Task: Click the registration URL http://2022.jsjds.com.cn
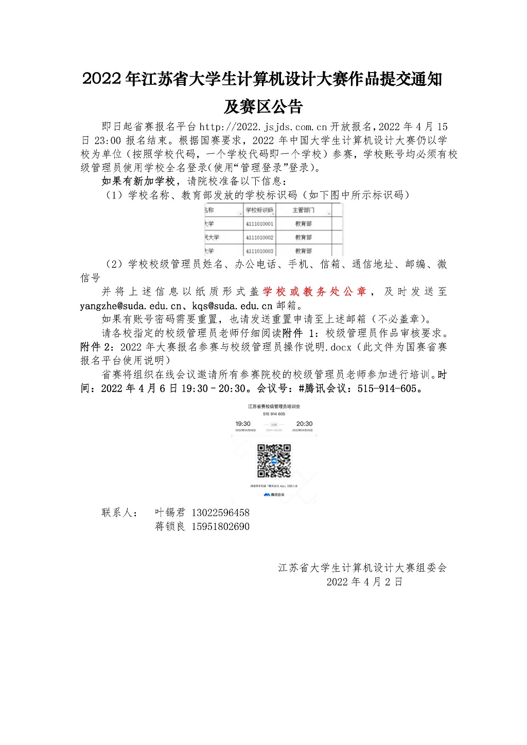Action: click(x=263, y=127)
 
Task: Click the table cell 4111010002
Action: click(x=259, y=238)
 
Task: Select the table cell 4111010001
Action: click(x=259, y=224)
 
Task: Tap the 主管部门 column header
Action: click(x=303, y=210)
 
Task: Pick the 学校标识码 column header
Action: click(x=259, y=210)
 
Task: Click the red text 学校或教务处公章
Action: click(x=314, y=292)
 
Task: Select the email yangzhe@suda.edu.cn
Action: click(x=131, y=306)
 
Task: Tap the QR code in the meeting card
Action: click(x=274, y=461)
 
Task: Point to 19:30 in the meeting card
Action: click(x=243, y=424)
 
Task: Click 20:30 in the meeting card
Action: click(x=304, y=424)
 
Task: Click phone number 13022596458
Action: click(x=220, y=513)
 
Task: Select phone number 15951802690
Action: click(x=220, y=527)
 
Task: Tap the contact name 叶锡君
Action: click(x=170, y=513)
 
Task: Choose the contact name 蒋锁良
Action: click(x=170, y=527)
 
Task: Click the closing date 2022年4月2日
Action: click(x=364, y=582)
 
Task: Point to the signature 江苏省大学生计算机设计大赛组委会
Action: click(x=362, y=568)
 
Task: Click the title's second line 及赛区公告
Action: click(x=263, y=107)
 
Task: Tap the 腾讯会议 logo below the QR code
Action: click(x=274, y=495)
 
